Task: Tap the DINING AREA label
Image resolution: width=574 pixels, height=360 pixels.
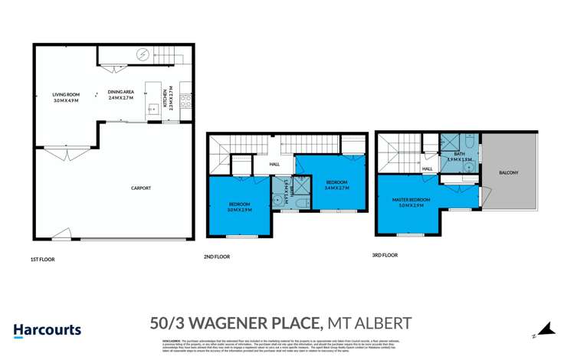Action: [x=121, y=92]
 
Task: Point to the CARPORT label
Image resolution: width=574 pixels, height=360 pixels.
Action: [x=140, y=188]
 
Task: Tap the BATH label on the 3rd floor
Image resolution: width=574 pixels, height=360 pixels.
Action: [x=459, y=154]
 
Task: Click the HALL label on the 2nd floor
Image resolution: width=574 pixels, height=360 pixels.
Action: [x=274, y=164]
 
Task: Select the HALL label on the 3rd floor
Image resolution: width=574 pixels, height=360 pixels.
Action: [x=428, y=169]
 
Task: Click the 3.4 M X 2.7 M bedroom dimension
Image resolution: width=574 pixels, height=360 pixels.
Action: [x=336, y=188]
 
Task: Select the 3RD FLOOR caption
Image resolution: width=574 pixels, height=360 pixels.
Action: [x=385, y=254]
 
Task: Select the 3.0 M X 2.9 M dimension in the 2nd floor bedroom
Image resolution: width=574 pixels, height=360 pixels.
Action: [x=240, y=208]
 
